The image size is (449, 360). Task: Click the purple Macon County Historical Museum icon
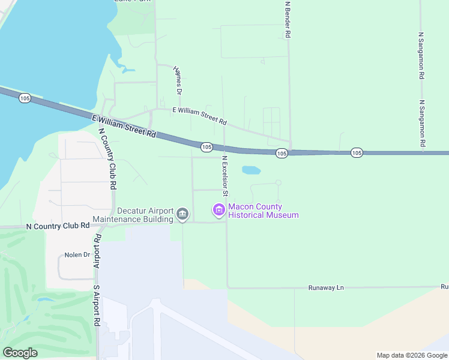[x=218, y=209]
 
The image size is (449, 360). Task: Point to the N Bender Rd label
[x=288, y=19]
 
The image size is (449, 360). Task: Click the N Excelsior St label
[x=224, y=176]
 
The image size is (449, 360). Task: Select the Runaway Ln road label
[x=327, y=287]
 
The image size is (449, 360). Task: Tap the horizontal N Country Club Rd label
[x=58, y=226]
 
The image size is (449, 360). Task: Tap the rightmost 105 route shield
[x=357, y=153]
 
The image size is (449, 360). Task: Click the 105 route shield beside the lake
[x=25, y=98]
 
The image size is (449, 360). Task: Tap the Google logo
[x=20, y=353]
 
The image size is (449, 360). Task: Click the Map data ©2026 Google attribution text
[x=411, y=355]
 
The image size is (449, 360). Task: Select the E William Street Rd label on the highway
[x=124, y=125]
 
